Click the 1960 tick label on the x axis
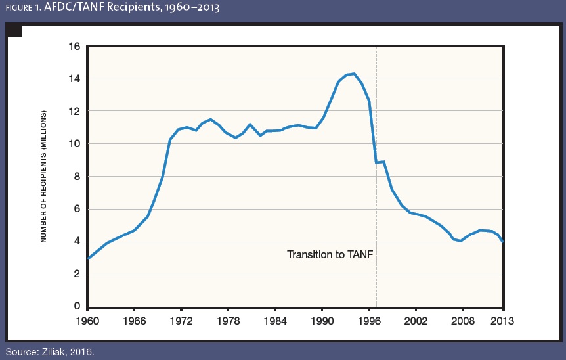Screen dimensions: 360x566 (87, 321)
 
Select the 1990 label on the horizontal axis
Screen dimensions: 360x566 (322, 321)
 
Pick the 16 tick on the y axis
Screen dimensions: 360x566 (74, 47)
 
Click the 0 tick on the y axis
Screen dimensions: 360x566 (76, 307)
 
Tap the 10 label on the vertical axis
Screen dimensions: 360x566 (74, 144)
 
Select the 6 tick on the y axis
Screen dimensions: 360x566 (76, 209)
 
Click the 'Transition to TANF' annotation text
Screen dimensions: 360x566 (330, 254)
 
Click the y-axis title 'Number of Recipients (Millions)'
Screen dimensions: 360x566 (44, 176)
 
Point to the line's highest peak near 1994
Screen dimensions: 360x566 (355, 74)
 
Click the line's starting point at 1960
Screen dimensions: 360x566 (88, 259)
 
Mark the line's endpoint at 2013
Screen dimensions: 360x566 (504, 242)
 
